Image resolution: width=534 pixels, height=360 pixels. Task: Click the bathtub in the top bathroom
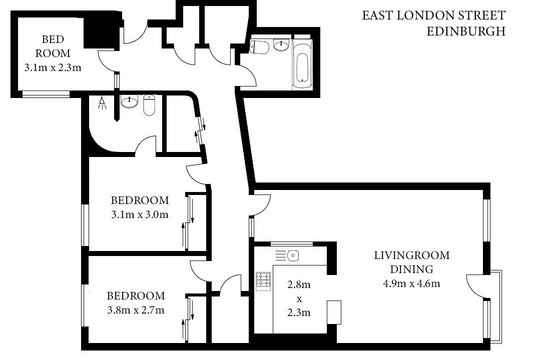302,64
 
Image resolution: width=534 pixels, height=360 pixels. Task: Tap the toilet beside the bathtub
259,47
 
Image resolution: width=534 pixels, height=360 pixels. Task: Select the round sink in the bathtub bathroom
281,45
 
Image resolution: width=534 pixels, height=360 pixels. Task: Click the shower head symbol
102,103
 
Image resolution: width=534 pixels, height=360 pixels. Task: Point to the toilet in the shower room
149,105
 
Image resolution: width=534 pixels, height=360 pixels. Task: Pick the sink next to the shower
130,101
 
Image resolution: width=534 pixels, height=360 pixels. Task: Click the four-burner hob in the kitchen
263,281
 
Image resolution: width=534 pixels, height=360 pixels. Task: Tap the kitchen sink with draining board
287,255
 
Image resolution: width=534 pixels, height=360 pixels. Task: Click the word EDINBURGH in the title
466,31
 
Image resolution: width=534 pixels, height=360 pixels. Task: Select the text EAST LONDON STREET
433,15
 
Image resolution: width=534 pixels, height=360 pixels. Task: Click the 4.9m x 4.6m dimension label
411,283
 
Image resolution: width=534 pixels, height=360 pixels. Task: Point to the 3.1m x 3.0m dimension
140,214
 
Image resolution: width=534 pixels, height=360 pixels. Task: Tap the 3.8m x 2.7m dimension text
136,310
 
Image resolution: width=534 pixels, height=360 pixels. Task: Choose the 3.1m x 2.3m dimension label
53,67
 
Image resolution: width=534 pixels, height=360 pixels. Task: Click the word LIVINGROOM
412,255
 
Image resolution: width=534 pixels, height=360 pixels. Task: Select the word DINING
411,269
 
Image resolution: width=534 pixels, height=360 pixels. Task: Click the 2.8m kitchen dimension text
299,284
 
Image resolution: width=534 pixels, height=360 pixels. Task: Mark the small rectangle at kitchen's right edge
334,312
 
